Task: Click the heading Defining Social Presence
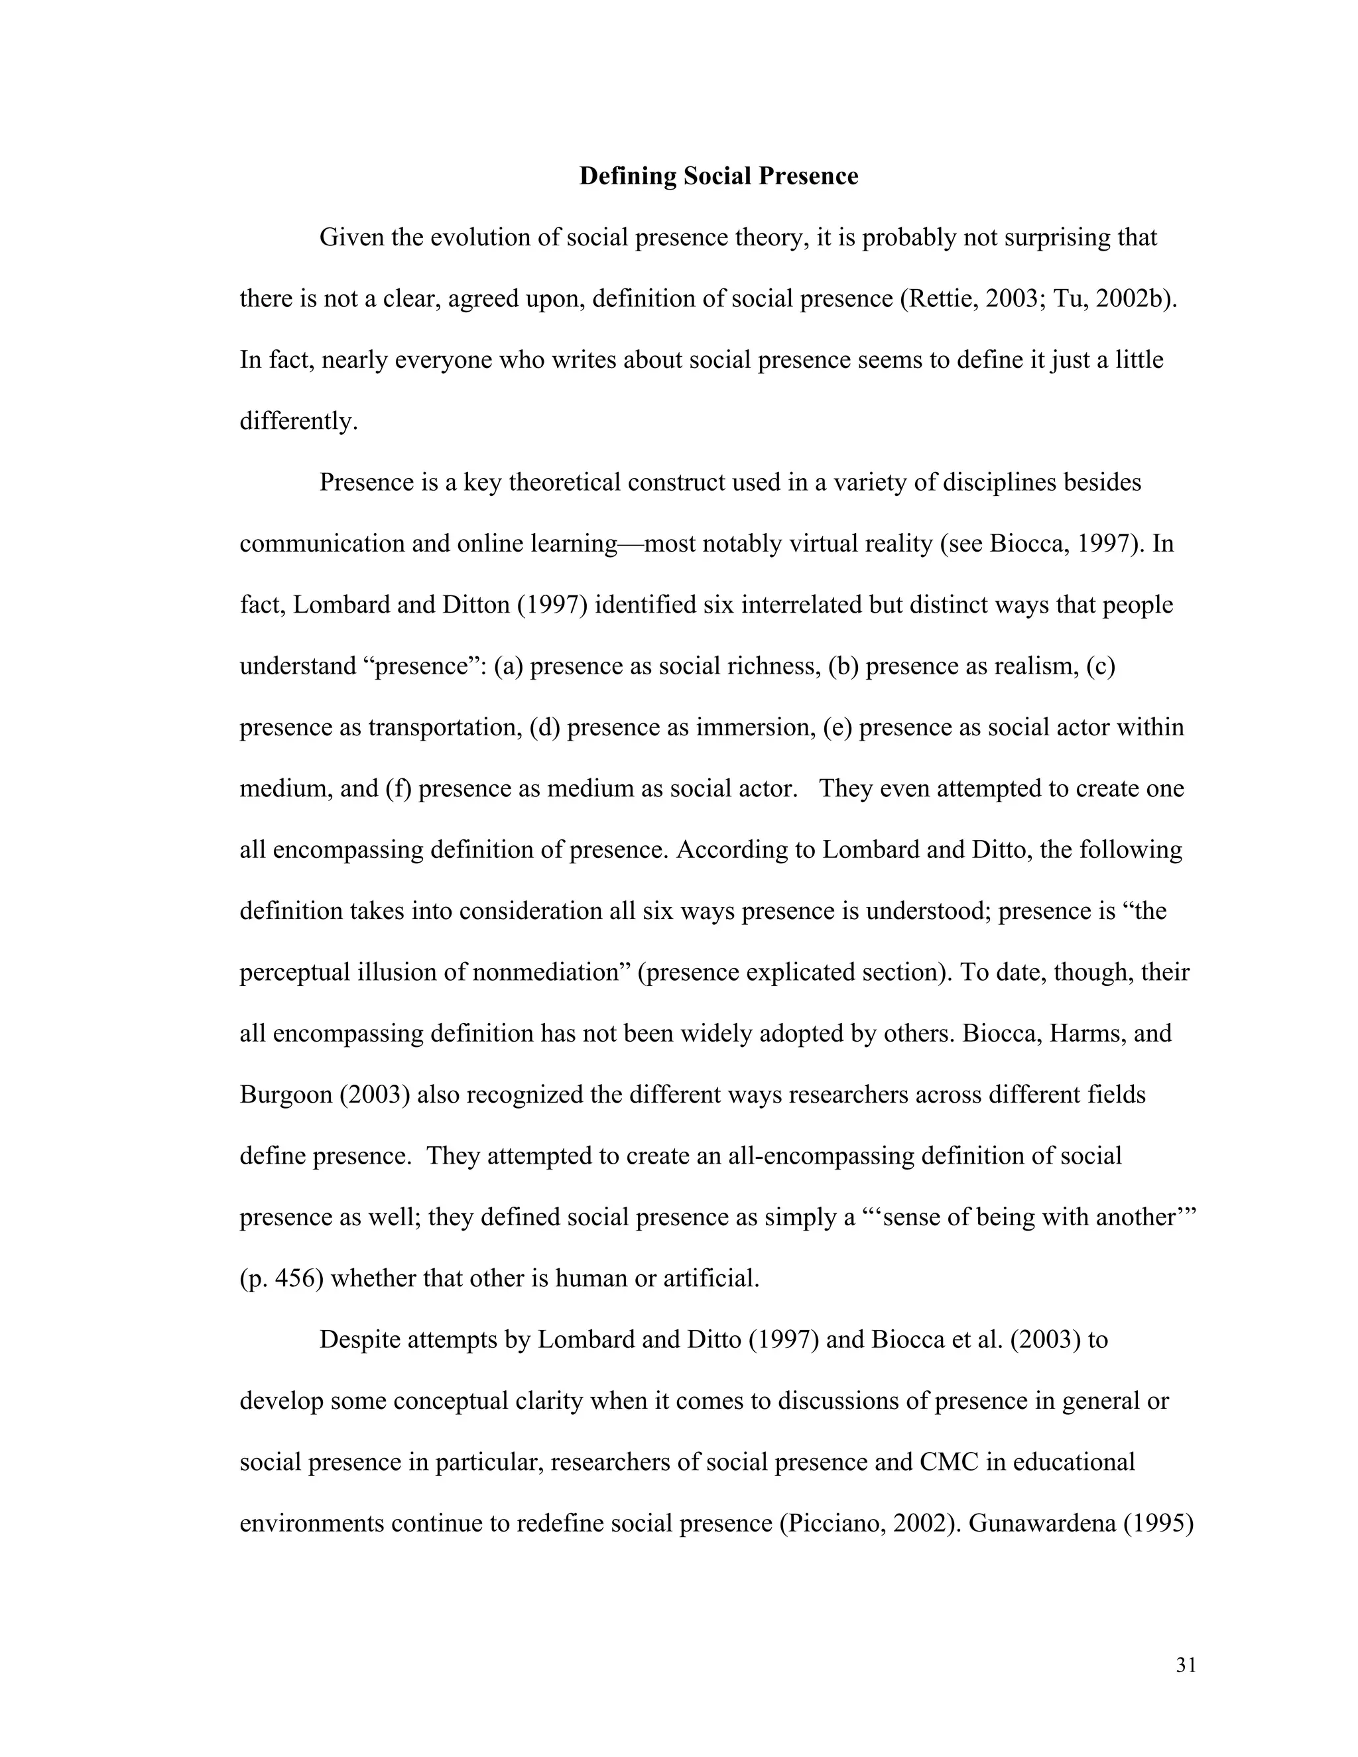click(x=718, y=176)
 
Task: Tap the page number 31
click(x=1186, y=1666)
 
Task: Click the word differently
click(x=298, y=422)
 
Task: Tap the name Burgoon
click(x=286, y=1095)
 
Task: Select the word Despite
click(x=361, y=1340)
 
